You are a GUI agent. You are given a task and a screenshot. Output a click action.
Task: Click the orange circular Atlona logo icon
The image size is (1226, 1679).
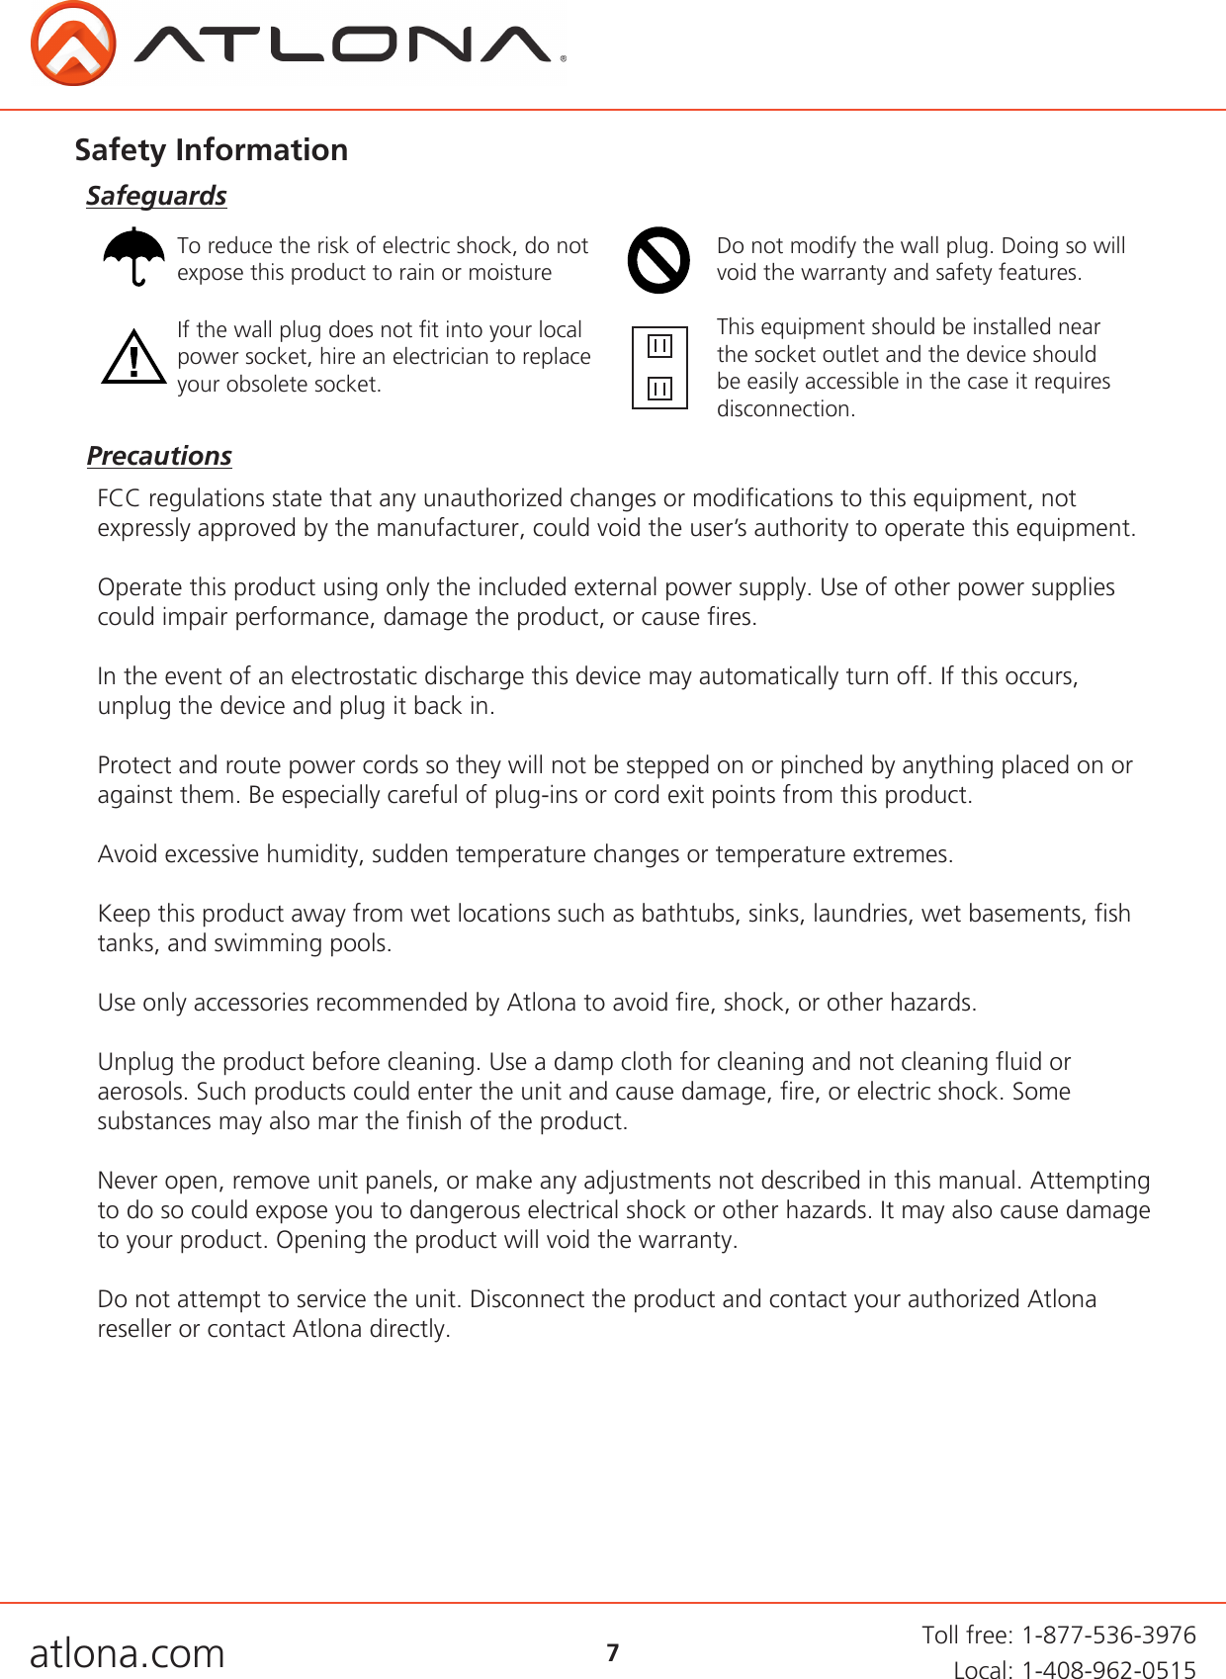point(72,44)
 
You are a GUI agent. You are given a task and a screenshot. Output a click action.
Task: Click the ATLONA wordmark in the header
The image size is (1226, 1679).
point(346,44)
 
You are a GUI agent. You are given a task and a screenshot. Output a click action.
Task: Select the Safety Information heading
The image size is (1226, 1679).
point(211,149)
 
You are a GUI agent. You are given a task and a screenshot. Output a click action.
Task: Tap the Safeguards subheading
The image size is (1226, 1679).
point(156,196)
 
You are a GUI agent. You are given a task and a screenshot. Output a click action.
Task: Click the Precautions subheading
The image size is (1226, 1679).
point(159,456)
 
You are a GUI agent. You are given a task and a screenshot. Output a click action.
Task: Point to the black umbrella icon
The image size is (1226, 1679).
point(134,256)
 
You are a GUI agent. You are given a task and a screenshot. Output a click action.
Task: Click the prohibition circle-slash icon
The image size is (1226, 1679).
point(658,260)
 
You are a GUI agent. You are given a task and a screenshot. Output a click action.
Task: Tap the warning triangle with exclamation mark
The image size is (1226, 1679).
point(133,358)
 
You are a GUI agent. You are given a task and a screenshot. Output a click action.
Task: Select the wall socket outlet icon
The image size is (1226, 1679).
point(659,368)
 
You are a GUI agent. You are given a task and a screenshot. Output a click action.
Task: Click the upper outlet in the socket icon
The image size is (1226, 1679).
point(659,346)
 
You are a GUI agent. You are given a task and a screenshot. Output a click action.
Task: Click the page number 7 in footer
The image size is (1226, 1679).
point(613,1652)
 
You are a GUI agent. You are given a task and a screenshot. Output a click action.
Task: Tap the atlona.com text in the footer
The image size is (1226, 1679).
point(128,1652)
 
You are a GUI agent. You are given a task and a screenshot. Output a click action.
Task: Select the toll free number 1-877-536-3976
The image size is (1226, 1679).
point(1108,1635)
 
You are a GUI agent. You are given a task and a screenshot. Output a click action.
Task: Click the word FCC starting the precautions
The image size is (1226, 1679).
point(119,498)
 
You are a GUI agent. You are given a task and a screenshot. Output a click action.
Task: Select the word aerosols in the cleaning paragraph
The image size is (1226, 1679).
point(140,1092)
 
